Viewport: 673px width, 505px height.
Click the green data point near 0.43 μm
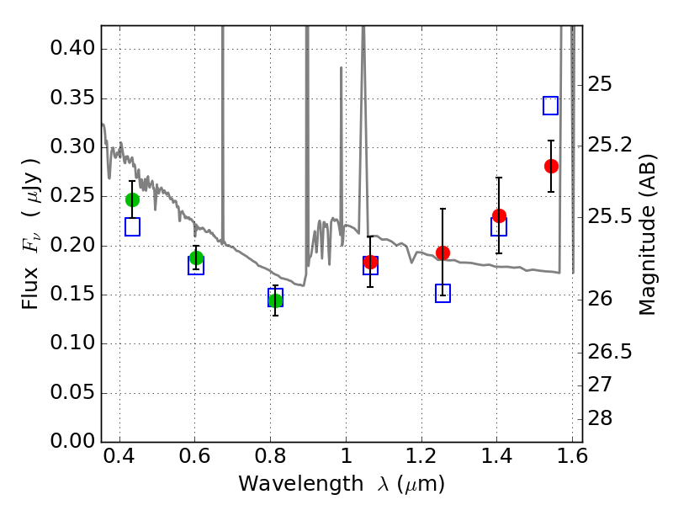[132, 199]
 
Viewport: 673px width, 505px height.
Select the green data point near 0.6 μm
[196, 258]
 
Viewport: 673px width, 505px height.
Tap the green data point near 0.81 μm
[275, 300]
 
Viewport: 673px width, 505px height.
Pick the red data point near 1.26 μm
[442, 252]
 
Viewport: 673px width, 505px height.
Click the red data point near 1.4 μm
[499, 215]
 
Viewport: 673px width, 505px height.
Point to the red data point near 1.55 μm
[551, 166]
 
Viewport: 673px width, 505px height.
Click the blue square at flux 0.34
[551, 105]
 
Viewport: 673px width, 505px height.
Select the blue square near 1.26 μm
[442, 293]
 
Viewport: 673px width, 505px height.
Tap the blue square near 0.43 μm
[132, 226]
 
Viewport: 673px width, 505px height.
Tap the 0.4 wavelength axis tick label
[119, 461]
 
